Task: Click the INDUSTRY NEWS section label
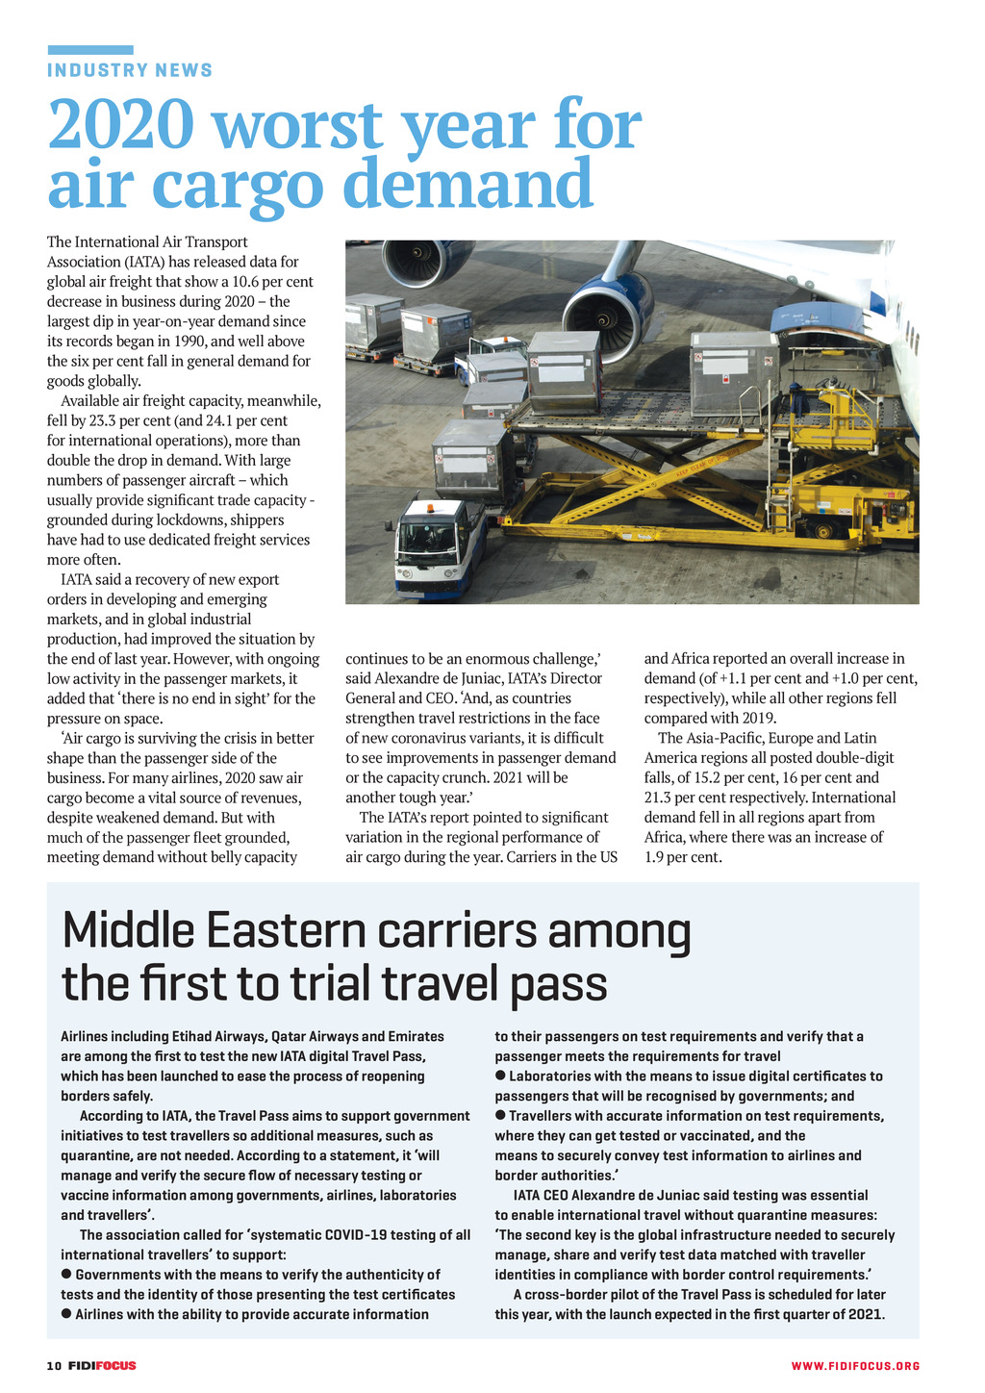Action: pos(130,70)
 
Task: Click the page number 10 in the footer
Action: pos(54,1366)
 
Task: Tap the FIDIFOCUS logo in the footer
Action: pos(102,1366)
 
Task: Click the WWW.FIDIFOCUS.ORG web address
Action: pos(855,1366)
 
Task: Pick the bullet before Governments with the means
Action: pos(66,1274)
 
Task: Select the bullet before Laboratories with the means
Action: pos(500,1075)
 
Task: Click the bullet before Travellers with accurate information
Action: pos(500,1115)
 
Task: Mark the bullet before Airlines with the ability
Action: pos(66,1313)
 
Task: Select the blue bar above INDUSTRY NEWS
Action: pos(90,49)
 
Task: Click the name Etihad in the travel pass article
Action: pos(196,1036)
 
